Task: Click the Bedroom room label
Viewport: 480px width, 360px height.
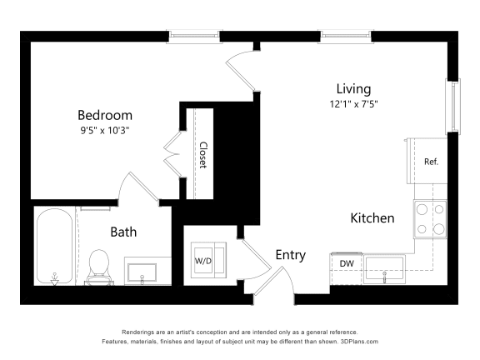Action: point(105,115)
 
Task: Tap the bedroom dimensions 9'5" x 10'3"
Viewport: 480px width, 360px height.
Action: point(105,131)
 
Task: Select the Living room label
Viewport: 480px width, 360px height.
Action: point(353,89)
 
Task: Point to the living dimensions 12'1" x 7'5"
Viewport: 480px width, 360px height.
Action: point(353,104)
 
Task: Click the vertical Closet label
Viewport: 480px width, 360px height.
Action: point(202,154)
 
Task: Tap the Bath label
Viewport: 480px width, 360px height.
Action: point(123,232)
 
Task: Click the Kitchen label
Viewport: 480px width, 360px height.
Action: point(372,218)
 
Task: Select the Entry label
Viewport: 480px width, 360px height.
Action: point(290,255)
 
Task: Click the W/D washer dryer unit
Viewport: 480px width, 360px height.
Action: point(204,259)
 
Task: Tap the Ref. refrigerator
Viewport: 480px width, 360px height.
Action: point(430,162)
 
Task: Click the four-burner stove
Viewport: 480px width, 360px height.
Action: point(430,218)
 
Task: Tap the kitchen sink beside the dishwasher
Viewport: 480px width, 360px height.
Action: point(383,267)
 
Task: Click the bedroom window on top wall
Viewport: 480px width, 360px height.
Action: point(194,35)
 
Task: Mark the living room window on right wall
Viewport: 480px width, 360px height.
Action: point(453,106)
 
